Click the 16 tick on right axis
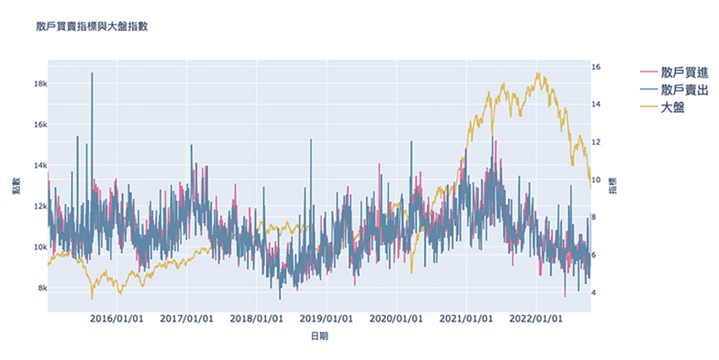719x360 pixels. [x=596, y=67]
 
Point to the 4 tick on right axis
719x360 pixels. [x=593, y=293]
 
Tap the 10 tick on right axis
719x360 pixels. [x=596, y=180]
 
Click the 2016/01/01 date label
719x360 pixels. [x=116, y=318]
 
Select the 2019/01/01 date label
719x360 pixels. [x=327, y=318]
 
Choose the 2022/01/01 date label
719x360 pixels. [x=537, y=318]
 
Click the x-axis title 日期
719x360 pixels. [x=319, y=337]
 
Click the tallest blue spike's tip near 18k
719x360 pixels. [x=91, y=73]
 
